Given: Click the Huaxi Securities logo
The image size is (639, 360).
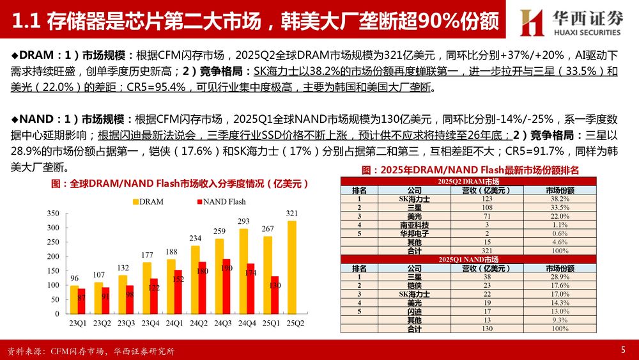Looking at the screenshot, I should [570, 22].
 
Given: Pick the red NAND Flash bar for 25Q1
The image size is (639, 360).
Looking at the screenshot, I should [275, 295].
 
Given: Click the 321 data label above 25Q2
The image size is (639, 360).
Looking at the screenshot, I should [292, 214].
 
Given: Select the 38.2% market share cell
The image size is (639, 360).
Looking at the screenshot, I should [560, 199].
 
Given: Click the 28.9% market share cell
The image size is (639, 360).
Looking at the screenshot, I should [560, 276].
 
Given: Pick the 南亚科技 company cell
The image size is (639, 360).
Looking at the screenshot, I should [414, 225].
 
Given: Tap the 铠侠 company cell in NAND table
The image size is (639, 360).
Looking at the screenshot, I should [414, 285].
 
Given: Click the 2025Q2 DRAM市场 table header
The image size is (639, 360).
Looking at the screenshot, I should [468, 182].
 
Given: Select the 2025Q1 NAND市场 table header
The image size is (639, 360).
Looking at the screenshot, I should [468, 259].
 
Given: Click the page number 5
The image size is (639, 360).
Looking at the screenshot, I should [623, 350].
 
